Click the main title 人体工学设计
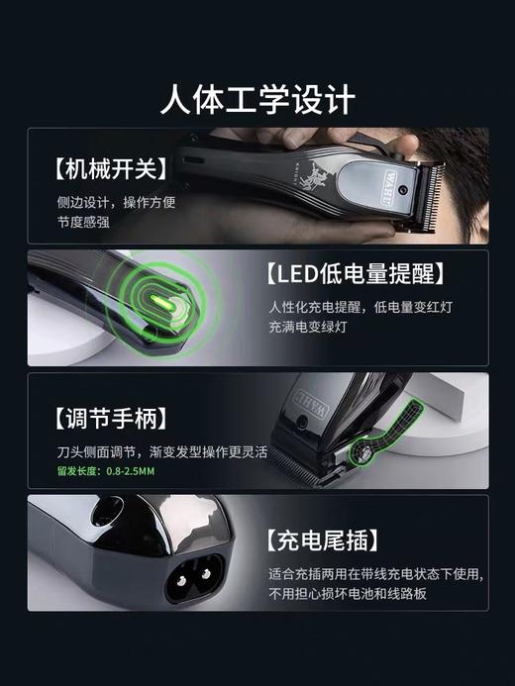pyautogui.click(x=257, y=99)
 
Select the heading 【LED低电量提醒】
pyautogui.click(x=356, y=272)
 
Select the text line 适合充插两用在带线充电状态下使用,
pyautogui.click(x=376, y=574)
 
